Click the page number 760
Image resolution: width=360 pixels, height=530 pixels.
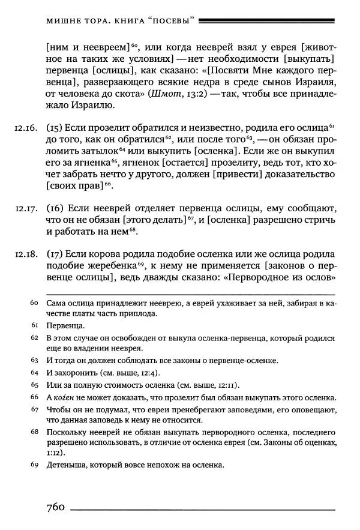tap(55, 508)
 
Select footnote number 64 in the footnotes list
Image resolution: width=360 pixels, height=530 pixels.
tap(34, 372)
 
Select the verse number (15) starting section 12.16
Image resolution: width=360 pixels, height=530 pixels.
tap(54, 128)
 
